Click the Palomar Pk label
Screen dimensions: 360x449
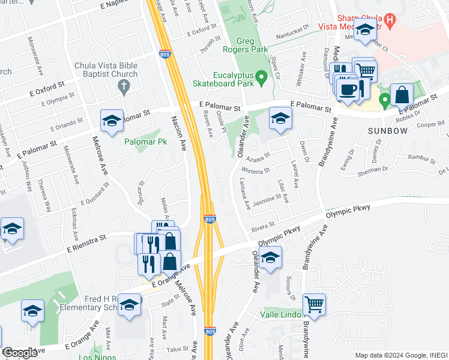pos(145,142)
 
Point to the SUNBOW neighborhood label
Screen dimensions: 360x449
pos(384,129)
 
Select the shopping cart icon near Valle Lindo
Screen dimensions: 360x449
pos(314,305)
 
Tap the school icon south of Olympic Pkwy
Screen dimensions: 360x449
pos(270,258)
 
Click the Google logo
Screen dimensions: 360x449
pos(20,353)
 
